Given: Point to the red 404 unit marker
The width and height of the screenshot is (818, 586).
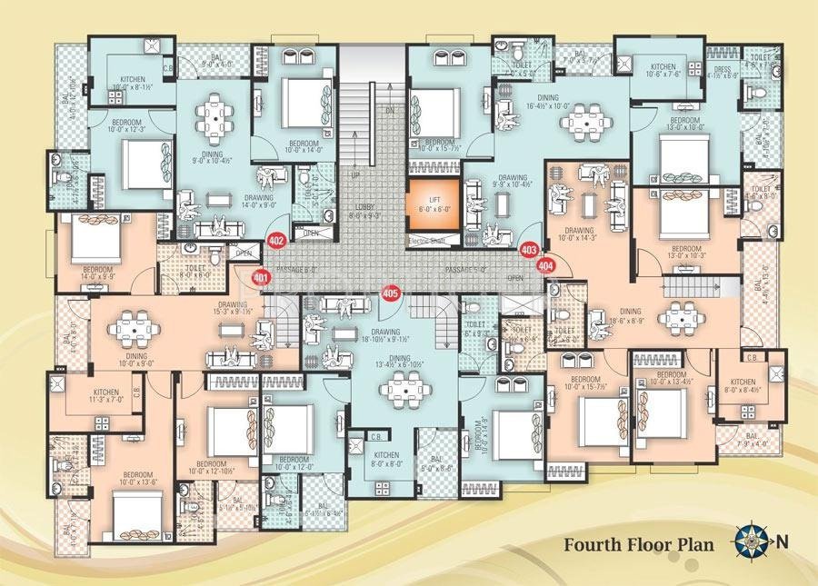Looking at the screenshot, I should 545,265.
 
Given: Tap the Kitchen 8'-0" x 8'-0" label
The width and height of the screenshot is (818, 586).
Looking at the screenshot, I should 386,458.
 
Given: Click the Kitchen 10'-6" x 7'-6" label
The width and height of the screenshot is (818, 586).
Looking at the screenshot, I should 663,72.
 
